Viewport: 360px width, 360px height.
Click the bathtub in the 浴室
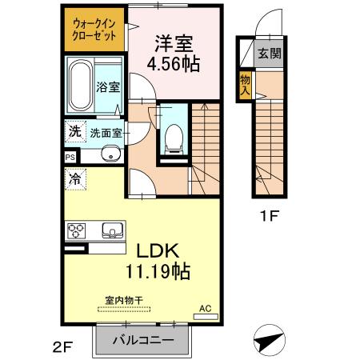click(x=81, y=86)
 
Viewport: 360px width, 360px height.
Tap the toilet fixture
click(x=174, y=139)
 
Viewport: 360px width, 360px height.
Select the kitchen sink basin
click(x=113, y=230)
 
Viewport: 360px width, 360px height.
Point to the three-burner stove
click(x=76, y=230)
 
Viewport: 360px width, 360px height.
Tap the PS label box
click(x=70, y=157)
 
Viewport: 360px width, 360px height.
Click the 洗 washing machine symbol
click(x=75, y=131)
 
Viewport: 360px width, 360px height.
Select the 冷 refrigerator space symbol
click(x=75, y=179)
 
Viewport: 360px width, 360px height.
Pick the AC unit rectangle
click(x=206, y=317)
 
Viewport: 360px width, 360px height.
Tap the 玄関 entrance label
click(x=270, y=54)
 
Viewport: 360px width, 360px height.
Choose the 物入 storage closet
click(x=245, y=86)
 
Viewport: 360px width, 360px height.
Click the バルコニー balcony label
click(x=143, y=341)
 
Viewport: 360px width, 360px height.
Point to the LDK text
click(x=158, y=250)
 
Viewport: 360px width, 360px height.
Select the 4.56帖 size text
click(x=174, y=64)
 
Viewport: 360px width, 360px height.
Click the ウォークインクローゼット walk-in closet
click(x=94, y=30)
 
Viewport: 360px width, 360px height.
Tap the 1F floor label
click(x=270, y=216)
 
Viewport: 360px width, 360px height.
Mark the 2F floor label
click(x=63, y=347)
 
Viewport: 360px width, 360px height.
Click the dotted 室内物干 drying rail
click(x=124, y=310)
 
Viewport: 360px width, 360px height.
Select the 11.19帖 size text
click(x=158, y=271)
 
